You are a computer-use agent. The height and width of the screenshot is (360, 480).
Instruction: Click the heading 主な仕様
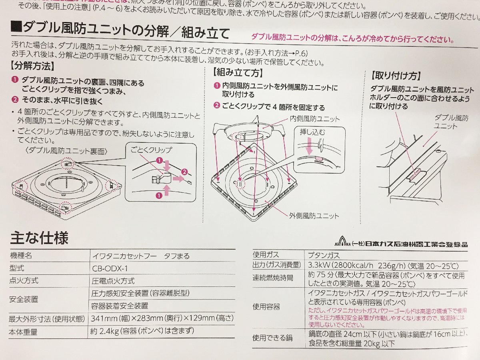pyautogui.click(x=39, y=238)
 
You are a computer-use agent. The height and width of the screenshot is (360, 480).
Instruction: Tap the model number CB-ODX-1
pyautogui.click(x=110, y=268)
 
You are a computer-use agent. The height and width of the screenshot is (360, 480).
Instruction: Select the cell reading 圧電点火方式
pyautogui.click(x=113, y=281)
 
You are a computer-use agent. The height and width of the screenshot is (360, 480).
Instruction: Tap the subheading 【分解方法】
pyautogui.click(x=32, y=66)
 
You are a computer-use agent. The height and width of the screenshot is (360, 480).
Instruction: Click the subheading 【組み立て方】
pyautogui.click(x=238, y=72)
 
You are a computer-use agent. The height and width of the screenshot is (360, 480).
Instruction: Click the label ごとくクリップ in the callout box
pyautogui.click(x=151, y=150)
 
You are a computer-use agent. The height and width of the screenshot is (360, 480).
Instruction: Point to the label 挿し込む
pyautogui.click(x=312, y=132)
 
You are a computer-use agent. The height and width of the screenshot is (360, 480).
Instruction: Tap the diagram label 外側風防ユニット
pyautogui.click(x=314, y=216)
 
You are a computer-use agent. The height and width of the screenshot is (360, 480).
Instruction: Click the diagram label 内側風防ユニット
pyautogui.click(x=315, y=119)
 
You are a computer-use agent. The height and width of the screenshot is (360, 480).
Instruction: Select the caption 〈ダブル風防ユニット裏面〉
pyautogui.click(x=66, y=151)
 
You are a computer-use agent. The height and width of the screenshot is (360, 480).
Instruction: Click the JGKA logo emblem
pyautogui.click(x=342, y=242)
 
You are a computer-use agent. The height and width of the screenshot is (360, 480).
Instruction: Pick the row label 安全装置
pyautogui.click(x=24, y=299)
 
